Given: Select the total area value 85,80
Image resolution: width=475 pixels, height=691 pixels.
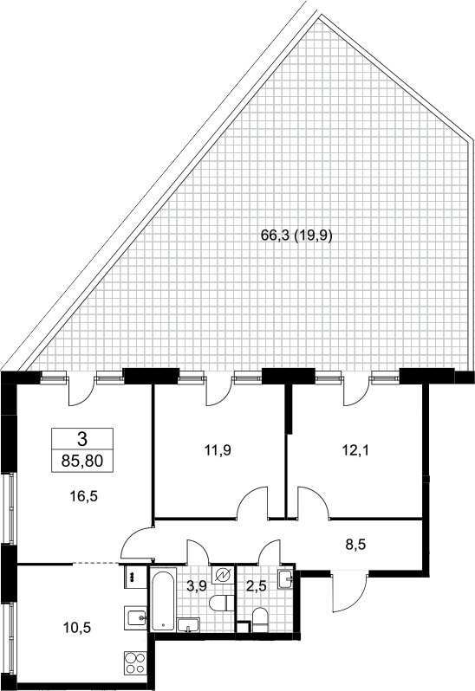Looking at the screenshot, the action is click(82, 462).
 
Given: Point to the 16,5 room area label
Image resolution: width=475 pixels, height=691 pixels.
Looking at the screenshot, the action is click(83, 497).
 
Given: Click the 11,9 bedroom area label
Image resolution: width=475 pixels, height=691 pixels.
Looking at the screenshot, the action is click(218, 450).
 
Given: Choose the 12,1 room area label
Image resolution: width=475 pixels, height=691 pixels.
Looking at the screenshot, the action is click(356, 450).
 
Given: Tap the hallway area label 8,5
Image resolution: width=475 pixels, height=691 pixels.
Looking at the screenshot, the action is click(356, 545).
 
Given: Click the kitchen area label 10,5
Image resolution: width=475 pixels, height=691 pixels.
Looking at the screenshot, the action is click(77, 627).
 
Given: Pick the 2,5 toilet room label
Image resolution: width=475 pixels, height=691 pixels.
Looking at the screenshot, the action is click(256, 586).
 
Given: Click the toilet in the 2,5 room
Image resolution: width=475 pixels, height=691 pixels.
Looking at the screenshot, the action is click(260, 620).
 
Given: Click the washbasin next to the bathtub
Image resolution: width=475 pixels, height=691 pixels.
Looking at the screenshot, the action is click(188, 625).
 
